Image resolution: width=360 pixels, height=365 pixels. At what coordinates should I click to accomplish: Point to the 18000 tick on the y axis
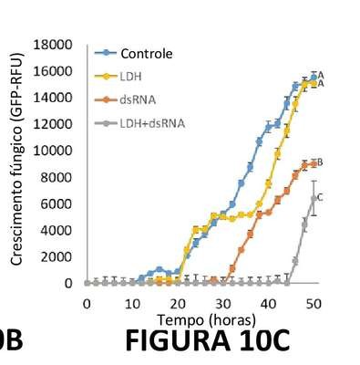tap(53, 45)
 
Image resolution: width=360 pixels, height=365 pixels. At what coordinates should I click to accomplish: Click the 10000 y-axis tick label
tap(53, 151)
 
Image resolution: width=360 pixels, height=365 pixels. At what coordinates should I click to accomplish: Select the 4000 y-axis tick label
tap(57, 230)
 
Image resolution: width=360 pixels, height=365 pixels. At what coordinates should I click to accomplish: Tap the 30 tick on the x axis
tap(223, 304)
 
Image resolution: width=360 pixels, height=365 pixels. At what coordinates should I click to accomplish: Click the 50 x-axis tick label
tap(314, 304)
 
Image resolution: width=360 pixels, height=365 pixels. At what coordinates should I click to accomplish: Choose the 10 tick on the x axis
tap(132, 304)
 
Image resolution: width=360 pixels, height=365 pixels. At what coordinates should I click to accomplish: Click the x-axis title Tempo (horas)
tap(206, 320)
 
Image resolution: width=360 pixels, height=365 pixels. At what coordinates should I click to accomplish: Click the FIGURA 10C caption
tap(208, 341)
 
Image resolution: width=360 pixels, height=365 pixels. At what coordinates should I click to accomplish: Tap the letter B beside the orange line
tap(320, 162)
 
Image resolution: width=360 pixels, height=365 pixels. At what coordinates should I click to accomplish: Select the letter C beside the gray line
tap(320, 197)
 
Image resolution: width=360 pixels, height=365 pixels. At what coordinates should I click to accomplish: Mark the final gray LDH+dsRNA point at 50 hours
tap(314, 198)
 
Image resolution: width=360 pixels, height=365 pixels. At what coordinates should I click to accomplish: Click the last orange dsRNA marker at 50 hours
tap(314, 164)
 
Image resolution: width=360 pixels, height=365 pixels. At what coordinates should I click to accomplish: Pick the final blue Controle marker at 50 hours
tap(314, 78)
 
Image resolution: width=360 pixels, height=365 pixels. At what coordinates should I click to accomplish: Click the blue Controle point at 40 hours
tap(268, 128)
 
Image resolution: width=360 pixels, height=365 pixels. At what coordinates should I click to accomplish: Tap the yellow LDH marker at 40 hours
tap(268, 183)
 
